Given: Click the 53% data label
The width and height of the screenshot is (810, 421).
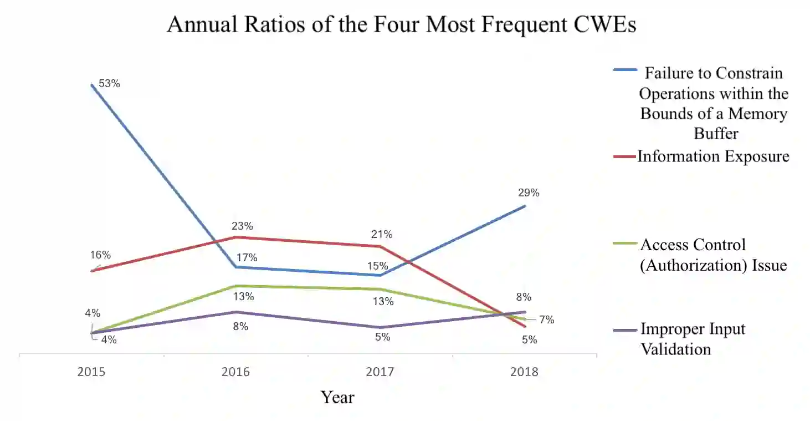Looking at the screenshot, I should click(x=109, y=84).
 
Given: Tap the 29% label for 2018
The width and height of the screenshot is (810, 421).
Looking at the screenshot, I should click(x=529, y=193).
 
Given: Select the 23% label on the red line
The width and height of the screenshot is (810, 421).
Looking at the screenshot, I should click(x=242, y=226).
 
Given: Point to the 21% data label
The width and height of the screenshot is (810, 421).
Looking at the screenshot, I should click(x=382, y=234).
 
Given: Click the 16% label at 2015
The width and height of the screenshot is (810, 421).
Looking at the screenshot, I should click(x=100, y=255).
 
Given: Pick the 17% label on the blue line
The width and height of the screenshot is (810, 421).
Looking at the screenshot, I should click(x=247, y=257).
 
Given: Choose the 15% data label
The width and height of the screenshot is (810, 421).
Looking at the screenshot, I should click(x=378, y=266).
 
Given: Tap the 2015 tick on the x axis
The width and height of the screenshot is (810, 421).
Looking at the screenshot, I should click(x=91, y=372).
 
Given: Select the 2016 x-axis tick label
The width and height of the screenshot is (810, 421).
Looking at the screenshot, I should click(x=236, y=372).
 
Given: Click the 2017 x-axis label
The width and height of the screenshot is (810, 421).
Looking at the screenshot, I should click(x=380, y=372).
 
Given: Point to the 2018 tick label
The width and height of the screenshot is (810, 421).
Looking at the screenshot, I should click(x=524, y=372).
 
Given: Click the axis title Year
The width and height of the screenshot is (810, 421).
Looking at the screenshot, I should click(x=337, y=397).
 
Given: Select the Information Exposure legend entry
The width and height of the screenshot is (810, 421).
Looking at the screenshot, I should click(x=713, y=156).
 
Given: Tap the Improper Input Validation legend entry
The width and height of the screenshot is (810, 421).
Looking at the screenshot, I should click(x=692, y=339).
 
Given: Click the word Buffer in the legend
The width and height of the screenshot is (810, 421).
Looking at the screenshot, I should click(x=716, y=134).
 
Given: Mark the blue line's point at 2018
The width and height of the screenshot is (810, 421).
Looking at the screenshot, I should click(x=525, y=206).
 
